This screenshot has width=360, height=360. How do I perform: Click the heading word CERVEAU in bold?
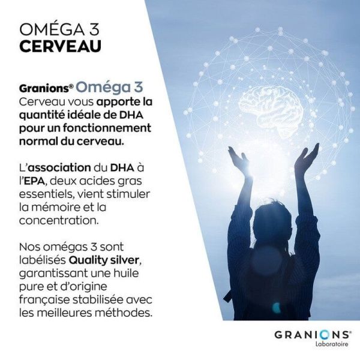click(x=60, y=47)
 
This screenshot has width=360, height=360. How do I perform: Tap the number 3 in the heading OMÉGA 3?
click(x=94, y=29)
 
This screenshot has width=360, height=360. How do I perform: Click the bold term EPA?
click(x=35, y=179)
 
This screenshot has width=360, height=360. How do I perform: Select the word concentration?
click(x=59, y=221)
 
